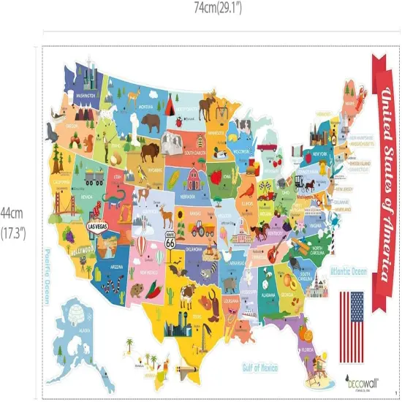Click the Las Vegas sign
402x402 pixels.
tap(100, 227)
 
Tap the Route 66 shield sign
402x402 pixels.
tap(170, 240)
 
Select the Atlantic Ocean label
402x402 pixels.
tap(349, 272)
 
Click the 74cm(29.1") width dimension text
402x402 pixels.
tap(217, 8)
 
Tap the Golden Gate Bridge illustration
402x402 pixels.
tap(63, 213)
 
